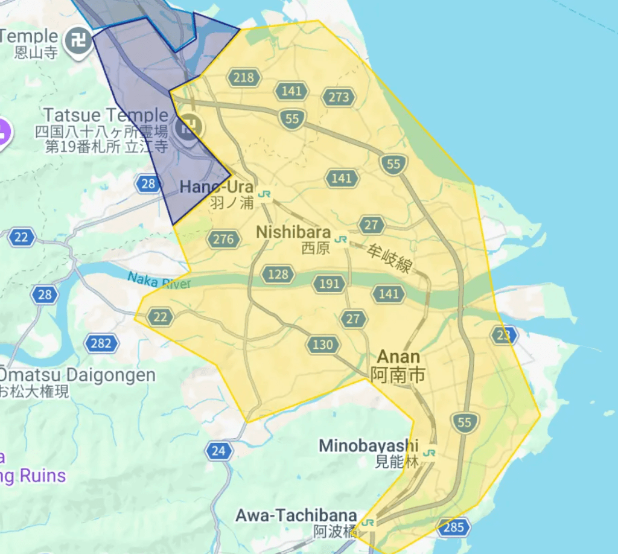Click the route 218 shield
click(x=244, y=77)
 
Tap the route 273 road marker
click(x=339, y=97)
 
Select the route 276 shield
click(x=223, y=240)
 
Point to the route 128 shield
click(x=278, y=275)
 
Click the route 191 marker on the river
click(x=329, y=284)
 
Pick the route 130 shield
click(x=322, y=345)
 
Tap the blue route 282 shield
click(x=101, y=343)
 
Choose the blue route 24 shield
click(x=218, y=450)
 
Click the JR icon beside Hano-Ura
click(x=264, y=194)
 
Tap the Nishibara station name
click(x=293, y=232)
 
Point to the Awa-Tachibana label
click(x=296, y=516)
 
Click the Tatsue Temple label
click(x=106, y=115)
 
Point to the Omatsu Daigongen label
click(x=78, y=375)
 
